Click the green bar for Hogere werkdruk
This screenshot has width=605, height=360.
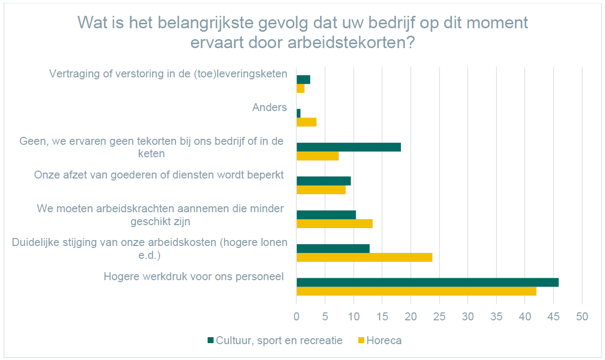coord(427,282)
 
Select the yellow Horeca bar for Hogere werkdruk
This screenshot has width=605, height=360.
coord(416,291)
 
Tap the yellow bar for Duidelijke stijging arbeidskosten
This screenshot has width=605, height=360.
coord(364,257)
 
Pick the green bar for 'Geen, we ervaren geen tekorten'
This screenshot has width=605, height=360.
coord(348,147)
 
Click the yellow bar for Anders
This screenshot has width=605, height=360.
coord(306,122)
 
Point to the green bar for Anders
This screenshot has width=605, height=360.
coord(298,113)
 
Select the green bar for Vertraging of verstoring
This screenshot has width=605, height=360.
coord(303,79)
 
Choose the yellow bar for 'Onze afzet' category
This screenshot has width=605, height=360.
coord(321,189)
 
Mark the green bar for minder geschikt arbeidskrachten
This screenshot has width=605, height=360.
coord(326,215)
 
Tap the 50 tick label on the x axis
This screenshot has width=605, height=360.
coord(582,316)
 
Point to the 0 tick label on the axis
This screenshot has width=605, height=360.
coord(296,316)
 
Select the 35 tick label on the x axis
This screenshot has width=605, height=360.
coord(496,316)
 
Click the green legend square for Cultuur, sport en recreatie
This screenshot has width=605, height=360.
coord(211,340)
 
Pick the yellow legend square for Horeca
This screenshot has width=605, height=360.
coord(361,340)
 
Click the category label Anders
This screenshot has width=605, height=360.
coord(269,107)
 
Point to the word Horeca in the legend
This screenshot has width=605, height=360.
coord(384,341)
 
